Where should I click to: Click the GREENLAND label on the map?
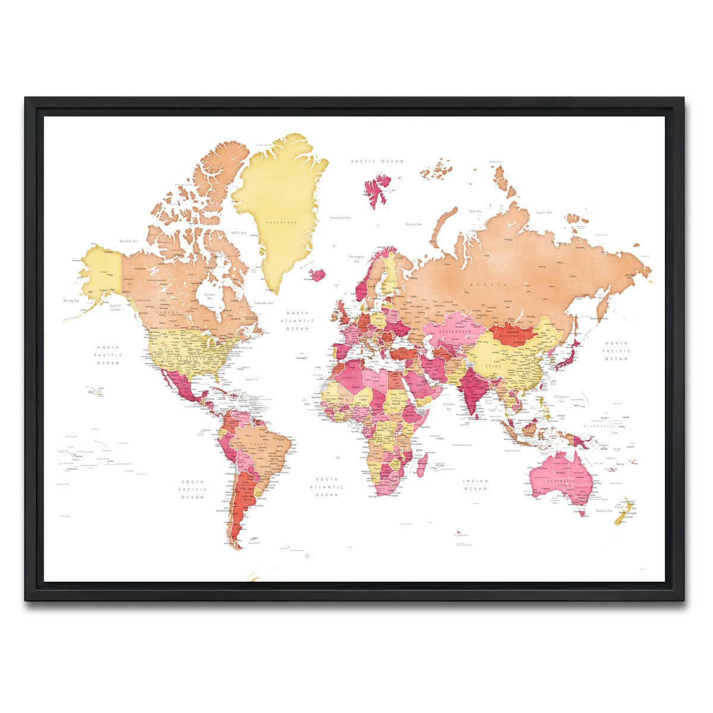tap(282, 222)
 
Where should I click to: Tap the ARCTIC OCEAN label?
tap(377, 161)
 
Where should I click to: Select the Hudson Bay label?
tap(209, 296)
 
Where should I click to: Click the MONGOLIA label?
tap(510, 336)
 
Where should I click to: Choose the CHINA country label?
tap(494, 367)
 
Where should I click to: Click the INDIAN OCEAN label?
tap(476, 485)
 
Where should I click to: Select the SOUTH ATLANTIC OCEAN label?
tap(327, 487)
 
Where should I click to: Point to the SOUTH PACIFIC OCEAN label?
tap(193, 489)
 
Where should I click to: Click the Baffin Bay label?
tap(239, 232)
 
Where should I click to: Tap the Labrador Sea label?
tap(263, 303)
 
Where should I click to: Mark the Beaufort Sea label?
tap(128, 241)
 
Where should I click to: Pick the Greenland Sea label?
tap(340, 218)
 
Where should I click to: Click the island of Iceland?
tap(318, 275)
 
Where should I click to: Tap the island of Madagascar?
tap(422, 465)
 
